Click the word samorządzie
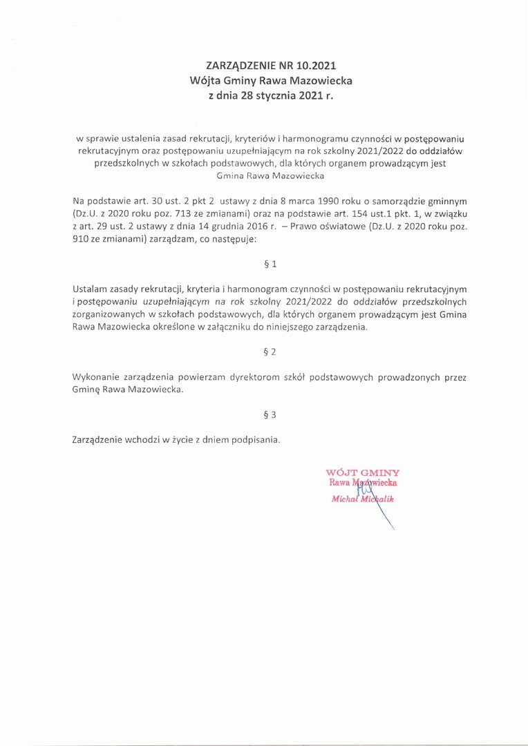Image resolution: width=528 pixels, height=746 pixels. tap(386, 200)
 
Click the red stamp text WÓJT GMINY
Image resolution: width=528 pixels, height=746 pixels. tap(362, 473)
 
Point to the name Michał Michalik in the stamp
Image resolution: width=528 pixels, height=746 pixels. tap(362, 499)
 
